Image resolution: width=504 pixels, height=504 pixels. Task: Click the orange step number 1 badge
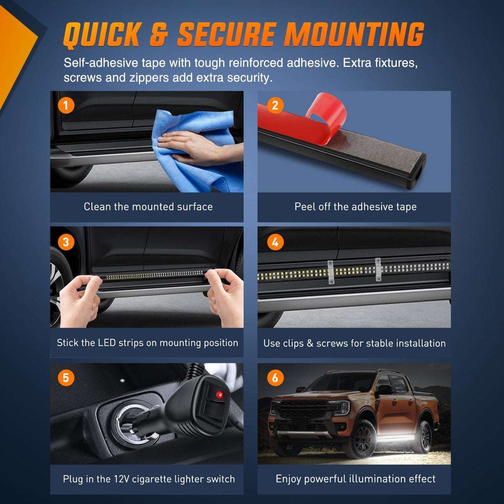pos(66,105)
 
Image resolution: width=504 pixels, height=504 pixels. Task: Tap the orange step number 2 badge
pos(275,105)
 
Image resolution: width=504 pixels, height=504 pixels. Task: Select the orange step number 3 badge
pos(66,242)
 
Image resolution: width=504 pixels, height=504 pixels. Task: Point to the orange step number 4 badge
pos(275,242)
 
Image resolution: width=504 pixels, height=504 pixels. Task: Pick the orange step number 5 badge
pos(66,378)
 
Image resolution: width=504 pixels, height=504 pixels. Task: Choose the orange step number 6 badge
pos(275,378)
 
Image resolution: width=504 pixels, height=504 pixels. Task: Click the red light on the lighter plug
pos(220,395)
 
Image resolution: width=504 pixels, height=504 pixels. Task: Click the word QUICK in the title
pos(103,35)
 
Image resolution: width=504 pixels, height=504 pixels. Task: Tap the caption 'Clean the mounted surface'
pos(148,207)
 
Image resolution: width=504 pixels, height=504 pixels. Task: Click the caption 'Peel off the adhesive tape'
pos(355,207)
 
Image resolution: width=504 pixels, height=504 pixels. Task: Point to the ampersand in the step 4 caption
pos(310,343)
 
